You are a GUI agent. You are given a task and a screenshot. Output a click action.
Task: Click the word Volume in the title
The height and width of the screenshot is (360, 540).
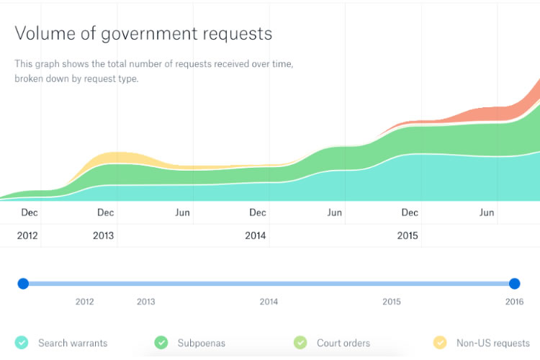click(x=37, y=33)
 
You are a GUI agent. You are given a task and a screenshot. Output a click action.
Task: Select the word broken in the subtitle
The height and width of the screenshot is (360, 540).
click(x=30, y=78)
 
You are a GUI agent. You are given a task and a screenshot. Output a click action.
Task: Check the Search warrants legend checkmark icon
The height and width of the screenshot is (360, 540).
click(x=22, y=343)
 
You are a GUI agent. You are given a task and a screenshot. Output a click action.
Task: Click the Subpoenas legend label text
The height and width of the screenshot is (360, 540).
click(x=202, y=343)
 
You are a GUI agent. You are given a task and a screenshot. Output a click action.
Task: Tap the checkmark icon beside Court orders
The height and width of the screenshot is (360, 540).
click(x=301, y=343)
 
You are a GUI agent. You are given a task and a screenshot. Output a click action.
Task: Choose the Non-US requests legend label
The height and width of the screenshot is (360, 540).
click(x=492, y=343)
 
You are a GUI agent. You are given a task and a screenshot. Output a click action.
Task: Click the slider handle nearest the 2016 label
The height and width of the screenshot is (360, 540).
click(x=514, y=284)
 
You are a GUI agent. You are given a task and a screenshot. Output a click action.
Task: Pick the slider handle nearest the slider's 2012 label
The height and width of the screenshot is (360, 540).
click(x=23, y=284)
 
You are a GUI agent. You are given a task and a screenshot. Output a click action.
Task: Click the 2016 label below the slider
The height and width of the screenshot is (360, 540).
click(x=514, y=302)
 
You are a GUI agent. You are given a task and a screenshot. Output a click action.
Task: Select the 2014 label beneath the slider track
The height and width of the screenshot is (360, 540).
click(x=269, y=302)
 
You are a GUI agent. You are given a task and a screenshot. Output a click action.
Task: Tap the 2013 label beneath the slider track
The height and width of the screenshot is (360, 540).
click(x=145, y=302)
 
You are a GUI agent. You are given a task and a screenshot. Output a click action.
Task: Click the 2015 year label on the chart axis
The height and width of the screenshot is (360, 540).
click(x=408, y=235)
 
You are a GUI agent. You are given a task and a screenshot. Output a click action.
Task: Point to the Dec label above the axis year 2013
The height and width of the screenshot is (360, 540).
click(x=106, y=212)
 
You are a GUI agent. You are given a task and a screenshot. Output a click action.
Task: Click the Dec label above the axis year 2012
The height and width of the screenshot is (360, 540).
click(x=30, y=212)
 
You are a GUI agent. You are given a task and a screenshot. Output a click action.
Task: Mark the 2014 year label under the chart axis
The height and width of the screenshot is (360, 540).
click(x=256, y=235)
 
